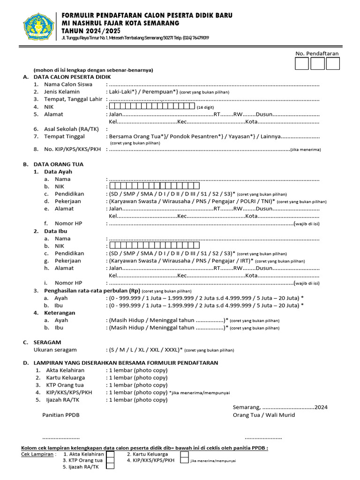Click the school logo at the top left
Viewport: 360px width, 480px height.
click(x=38, y=26)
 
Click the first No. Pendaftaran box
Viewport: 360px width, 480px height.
click(x=302, y=63)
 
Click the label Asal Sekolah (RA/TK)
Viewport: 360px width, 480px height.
click(x=68, y=129)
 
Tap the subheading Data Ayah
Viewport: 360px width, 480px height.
click(x=58, y=172)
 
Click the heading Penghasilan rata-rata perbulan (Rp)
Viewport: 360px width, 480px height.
click(x=92, y=291)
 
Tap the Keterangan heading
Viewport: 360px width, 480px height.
click(x=60, y=313)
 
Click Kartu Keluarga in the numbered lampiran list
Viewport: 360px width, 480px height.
click(x=66, y=377)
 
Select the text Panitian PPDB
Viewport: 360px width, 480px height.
click(x=61, y=415)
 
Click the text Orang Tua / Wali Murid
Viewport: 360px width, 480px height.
click(x=264, y=415)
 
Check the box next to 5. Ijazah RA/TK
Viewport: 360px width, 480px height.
click(x=110, y=466)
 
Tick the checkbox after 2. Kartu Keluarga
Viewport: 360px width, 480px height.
click(x=185, y=454)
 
